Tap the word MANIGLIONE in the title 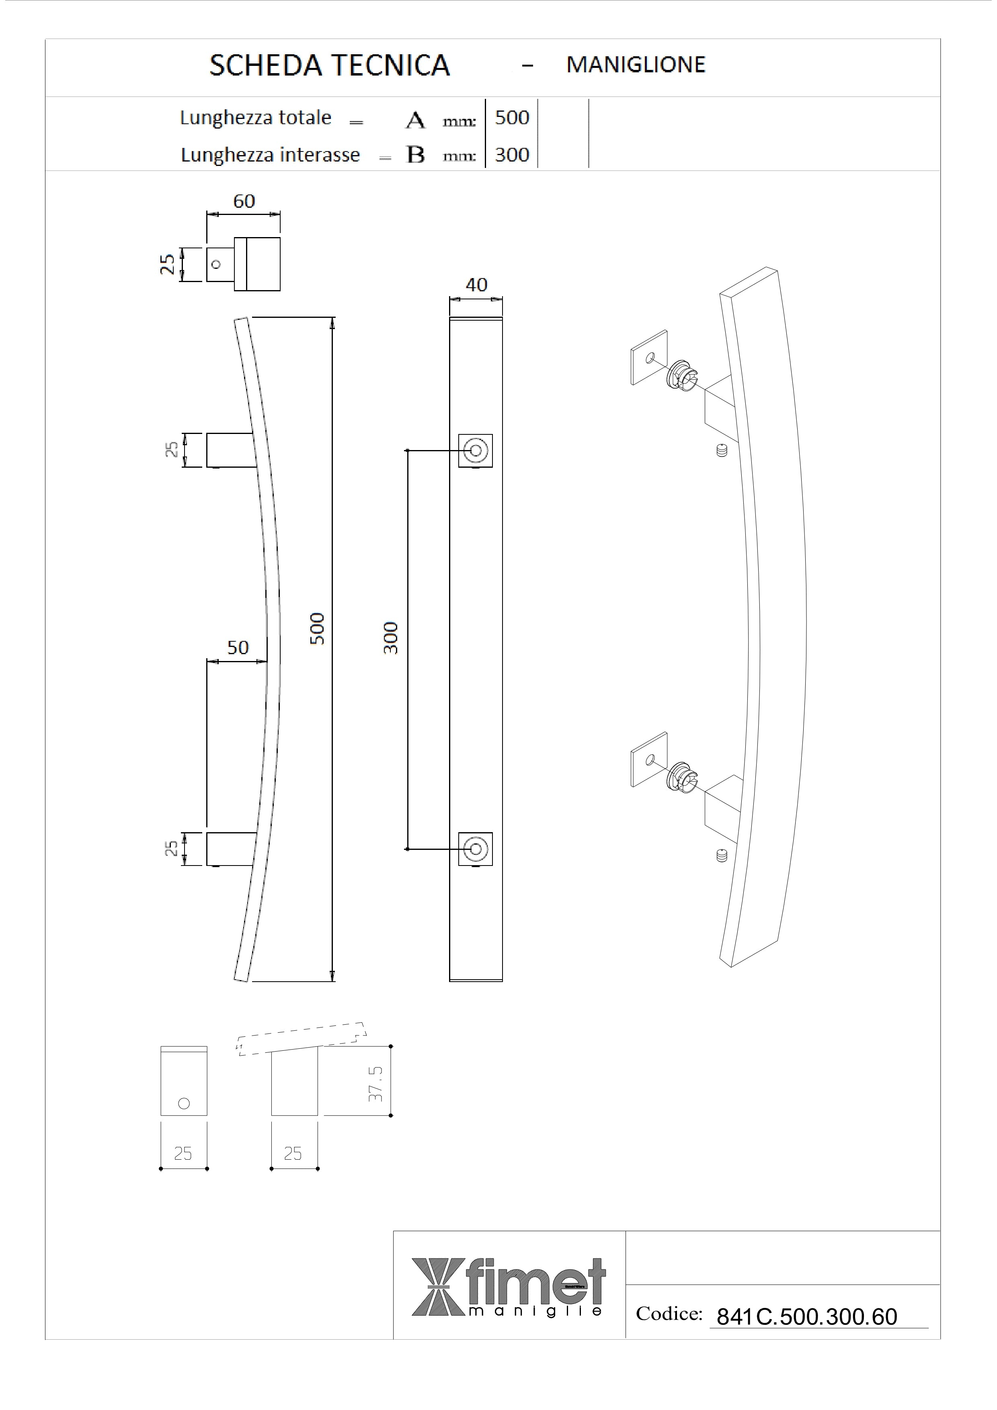pos(636,64)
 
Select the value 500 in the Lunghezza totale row pos(512,117)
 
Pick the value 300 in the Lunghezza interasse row pos(512,154)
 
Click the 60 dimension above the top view pos(244,201)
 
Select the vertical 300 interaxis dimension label pos(391,638)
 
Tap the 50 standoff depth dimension pos(238,647)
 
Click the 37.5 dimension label pos(376,1083)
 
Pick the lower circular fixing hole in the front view pos(475,849)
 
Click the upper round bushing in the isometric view pos(682,374)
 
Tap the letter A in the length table pos(415,121)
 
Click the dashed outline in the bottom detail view pos(301,1039)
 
